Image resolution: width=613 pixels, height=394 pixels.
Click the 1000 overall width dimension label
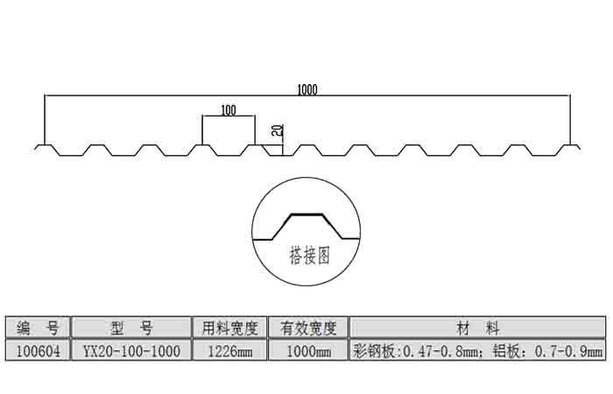[307, 90]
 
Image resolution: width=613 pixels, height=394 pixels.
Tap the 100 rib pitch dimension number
[229, 110]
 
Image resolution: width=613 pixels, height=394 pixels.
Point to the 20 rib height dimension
[278, 130]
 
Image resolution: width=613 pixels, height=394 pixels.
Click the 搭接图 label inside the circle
[309, 256]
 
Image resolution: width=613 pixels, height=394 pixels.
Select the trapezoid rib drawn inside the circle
[306, 227]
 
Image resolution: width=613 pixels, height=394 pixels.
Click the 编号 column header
[38, 327]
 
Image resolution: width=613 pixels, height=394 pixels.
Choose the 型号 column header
[131, 327]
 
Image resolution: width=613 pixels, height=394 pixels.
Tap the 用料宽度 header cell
[229, 327]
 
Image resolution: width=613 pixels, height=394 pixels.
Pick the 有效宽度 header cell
[308, 327]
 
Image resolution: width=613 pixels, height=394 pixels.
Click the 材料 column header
[478, 327]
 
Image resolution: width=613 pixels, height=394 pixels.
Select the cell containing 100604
[38, 351]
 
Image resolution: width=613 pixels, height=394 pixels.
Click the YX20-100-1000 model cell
[131, 351]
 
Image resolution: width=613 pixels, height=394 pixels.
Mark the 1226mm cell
[229, 351]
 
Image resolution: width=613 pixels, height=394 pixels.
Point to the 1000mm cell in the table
[308, 351]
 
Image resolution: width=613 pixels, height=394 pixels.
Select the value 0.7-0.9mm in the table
[569, 352]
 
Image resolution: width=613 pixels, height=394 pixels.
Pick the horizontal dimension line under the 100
[229, 116]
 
